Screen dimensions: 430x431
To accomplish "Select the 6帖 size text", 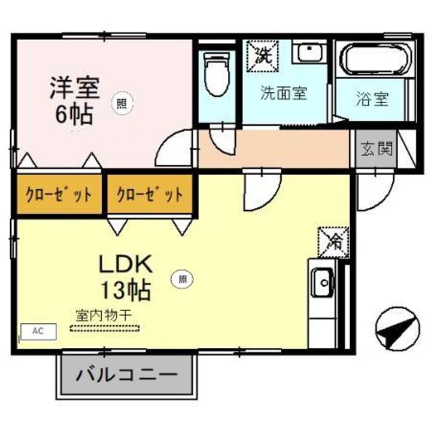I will [74, 114].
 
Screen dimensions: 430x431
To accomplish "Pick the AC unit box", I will [39, 331].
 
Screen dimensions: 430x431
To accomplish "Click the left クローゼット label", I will [59, 194].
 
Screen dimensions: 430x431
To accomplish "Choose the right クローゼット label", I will [150, 194].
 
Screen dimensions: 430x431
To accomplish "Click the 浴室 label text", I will [372, 99].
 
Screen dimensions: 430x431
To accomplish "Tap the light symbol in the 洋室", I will [121, 102].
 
